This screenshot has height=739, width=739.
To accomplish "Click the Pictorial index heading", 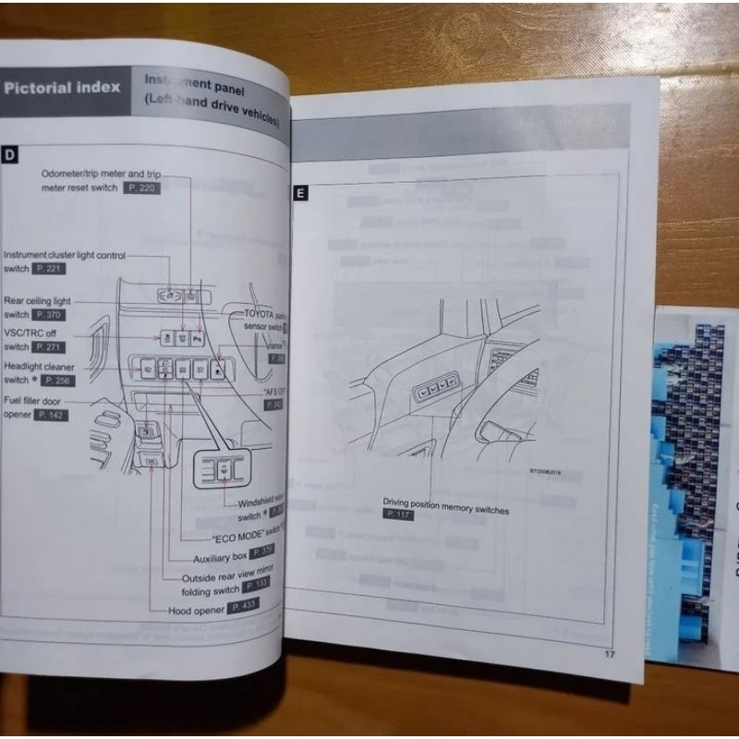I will tap(62, 89).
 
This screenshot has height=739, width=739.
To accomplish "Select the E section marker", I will tap(299, 194).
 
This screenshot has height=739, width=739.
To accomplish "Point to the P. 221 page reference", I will tap(52, 268).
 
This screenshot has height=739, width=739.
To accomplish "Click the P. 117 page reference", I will tap(398, 515).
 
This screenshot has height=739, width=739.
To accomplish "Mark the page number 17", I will tap(610, 655).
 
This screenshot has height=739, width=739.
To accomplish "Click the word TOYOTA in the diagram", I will tap(263, 314).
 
